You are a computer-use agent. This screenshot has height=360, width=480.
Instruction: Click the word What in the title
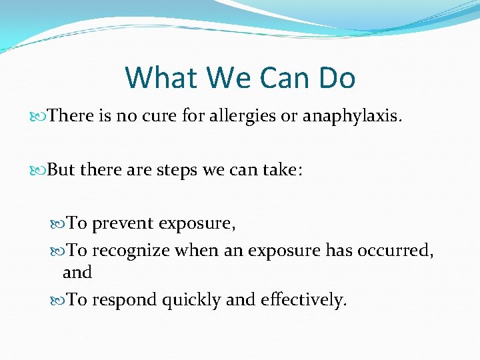click(162, 78)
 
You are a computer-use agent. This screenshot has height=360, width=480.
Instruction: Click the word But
click(61, 170)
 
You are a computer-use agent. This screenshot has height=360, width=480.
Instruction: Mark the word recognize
click(131, 251)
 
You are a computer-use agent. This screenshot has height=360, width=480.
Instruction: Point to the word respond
click(125, 301)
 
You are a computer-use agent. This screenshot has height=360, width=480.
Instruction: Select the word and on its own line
click(77, 273)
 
